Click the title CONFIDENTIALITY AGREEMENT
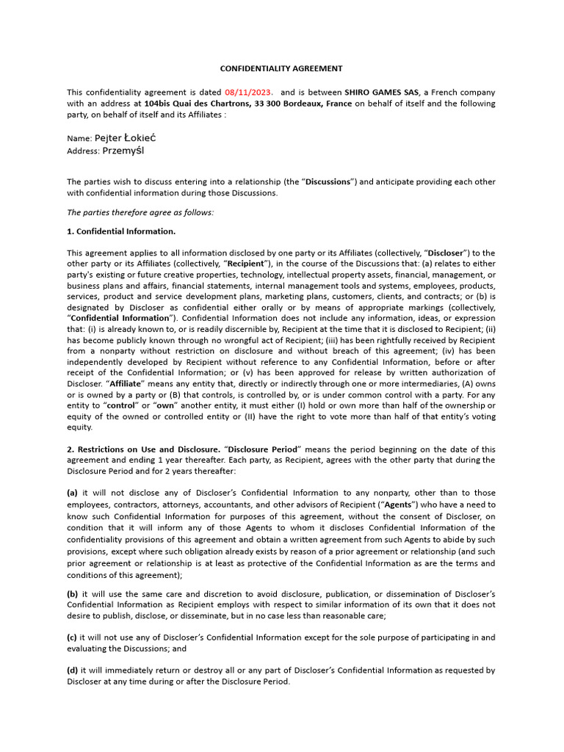[282, 68]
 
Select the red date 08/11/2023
[249, 93]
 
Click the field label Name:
[79, 139]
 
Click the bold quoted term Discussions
[329, 181]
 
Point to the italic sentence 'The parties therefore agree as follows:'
[140, 212]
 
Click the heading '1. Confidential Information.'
[121, 231]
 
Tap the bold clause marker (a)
[73, 493]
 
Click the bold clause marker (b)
[73, 593]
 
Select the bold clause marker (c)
[73, 637]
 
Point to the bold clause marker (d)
[73, 670]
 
